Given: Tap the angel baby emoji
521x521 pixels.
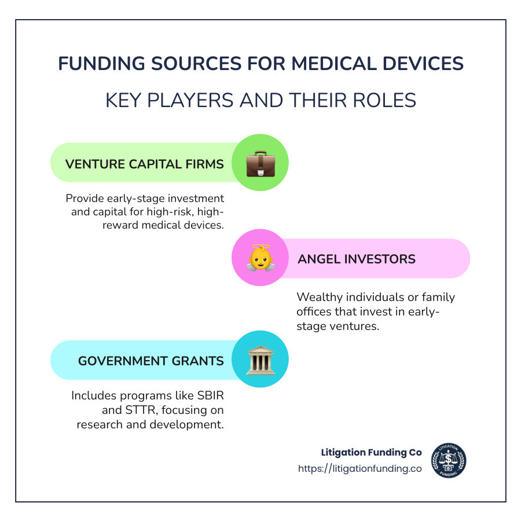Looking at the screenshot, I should point(260,258).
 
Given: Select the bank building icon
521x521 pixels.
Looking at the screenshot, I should point(260,359).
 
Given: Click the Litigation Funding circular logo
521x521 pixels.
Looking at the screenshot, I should point(449,461).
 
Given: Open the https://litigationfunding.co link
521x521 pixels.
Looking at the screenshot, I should point(359,469).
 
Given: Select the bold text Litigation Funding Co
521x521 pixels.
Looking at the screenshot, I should point(372,452).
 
